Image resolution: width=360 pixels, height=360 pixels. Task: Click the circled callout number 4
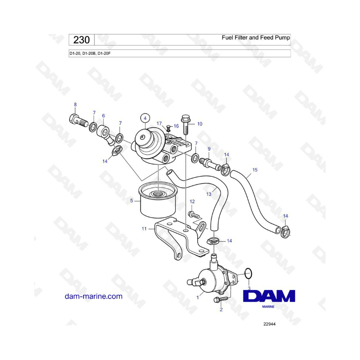click(145, 118)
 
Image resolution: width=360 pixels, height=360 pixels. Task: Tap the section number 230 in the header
click(82, 40)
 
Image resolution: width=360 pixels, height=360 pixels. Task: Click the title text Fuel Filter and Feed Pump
click(256, 38)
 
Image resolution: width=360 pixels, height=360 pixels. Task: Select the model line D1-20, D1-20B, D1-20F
click(90, 54)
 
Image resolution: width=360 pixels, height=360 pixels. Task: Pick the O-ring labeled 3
click(248, 274)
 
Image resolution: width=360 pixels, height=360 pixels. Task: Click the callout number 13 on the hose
click(209, 194)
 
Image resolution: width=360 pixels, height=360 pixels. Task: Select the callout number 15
click(255, 170)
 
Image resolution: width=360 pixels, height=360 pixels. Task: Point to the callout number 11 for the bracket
click(144, 229)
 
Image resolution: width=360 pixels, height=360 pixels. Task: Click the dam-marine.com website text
click(94, 296)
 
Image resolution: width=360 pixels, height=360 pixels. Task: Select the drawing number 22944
click(269, 324)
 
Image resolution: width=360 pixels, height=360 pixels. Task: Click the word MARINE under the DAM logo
click(268, 307)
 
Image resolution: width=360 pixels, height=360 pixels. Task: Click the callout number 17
click(159, 124)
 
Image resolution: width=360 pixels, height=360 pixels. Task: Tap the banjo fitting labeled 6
click(105, 134)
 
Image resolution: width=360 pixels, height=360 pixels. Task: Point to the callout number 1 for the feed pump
click(198, 298)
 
